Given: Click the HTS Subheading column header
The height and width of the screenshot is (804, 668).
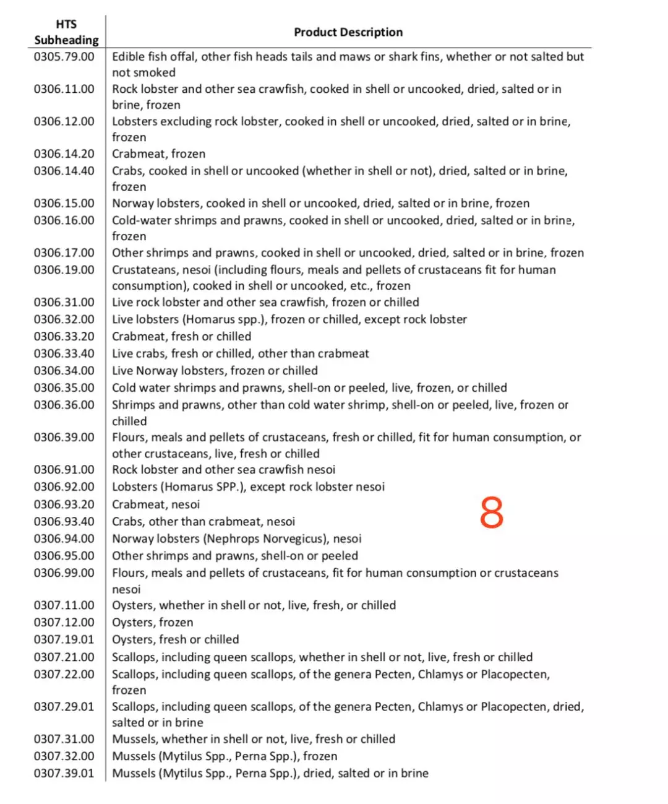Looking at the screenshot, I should click(66, 32).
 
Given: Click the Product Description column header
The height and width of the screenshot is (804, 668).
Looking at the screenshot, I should click(348, 32).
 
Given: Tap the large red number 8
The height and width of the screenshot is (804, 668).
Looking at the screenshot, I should click(492, 512).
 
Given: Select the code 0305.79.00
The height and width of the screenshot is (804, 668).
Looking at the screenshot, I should click(64, 57).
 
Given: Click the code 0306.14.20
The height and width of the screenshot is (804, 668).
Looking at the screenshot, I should click(64, 153).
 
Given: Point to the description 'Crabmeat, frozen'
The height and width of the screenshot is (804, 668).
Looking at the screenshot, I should click(158, 153).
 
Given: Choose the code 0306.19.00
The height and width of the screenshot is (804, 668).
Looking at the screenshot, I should click(64, 270).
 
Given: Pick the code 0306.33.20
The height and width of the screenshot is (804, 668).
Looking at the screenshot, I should click(64, 337).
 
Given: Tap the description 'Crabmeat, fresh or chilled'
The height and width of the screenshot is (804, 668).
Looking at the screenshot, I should click(181, 337).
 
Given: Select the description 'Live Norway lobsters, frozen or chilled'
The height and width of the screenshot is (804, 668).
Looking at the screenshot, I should click(215, 371).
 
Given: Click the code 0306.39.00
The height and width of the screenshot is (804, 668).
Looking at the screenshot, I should click(64, 438).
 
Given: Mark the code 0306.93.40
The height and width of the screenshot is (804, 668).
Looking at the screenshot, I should click(64, 522).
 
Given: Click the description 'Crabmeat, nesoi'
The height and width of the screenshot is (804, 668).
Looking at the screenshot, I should click(156, 504).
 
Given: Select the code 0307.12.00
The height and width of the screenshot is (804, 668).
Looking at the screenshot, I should click(64, 623).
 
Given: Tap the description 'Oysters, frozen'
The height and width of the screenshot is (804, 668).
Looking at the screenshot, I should click(152, 623).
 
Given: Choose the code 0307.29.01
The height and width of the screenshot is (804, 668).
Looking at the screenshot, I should click(64, 707).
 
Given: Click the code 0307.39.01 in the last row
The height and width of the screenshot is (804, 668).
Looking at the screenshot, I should click(64, 774).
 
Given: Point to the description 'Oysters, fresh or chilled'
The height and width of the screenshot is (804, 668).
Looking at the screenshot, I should click(175, 640).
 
